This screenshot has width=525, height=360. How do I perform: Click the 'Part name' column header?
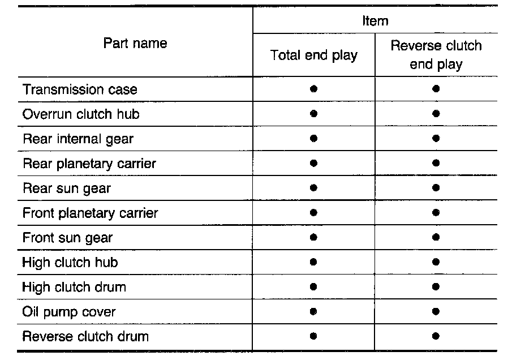click(135, 44)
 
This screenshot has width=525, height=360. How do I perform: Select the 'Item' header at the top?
click(375, 21)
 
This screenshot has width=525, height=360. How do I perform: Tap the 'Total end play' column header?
click(314, 55)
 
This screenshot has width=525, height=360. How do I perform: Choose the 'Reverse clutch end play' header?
click(436, 55)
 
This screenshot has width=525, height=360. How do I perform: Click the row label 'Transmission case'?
click(80, 89)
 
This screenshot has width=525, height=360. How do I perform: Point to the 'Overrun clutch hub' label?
click(81, 114)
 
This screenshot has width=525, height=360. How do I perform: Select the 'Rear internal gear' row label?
click(78, 139)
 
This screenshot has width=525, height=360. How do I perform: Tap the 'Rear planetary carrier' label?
click(89, 164)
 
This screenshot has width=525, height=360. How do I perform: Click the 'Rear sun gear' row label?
click(67, 188)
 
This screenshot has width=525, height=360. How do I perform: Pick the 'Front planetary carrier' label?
click(91, 213)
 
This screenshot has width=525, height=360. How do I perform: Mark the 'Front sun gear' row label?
click(68, 238)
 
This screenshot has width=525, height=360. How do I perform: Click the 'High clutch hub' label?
click(70, 262)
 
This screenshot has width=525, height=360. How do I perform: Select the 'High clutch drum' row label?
click(74, 287)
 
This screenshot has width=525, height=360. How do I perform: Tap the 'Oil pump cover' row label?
click(69, 311)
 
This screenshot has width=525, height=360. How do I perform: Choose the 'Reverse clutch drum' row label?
click(85, 336)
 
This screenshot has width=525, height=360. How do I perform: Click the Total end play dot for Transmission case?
click(314, 89)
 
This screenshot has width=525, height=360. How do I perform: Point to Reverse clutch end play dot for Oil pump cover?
click(436, 311)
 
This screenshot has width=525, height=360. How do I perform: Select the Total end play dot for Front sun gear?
click(314, 237)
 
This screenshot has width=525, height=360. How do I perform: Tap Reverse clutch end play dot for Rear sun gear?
click(436, 188)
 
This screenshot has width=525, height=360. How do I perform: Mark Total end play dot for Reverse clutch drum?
click(314, 336)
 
